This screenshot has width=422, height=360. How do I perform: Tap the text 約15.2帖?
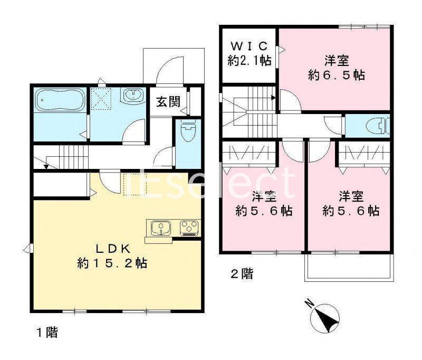coord(111,262)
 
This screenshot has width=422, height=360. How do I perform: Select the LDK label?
coord(112,249)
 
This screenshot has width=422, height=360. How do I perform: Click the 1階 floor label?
coord(47,333)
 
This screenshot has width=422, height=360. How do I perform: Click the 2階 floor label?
coord(241,274)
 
